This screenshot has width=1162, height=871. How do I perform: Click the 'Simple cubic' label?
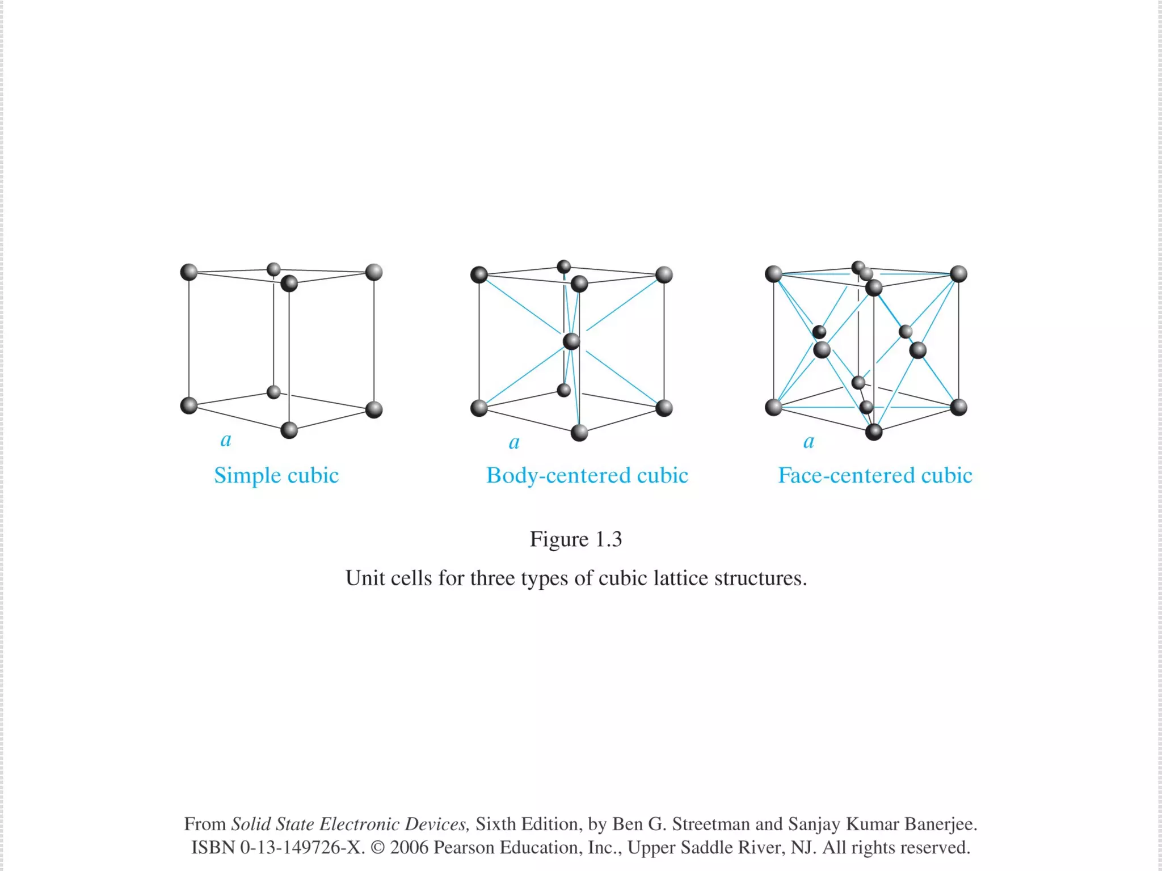[276, 475]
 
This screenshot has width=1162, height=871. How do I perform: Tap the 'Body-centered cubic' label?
[587, 475]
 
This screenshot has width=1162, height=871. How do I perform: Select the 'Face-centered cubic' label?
[875, 475]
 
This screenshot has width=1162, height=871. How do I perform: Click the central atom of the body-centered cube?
[571, 341]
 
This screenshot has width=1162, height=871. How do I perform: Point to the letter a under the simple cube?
[226, 439]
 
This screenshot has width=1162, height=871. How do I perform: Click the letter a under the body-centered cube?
[514, 442]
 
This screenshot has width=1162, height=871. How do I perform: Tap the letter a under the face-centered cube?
[809, 441]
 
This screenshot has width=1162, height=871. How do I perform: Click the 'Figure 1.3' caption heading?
[576, 539]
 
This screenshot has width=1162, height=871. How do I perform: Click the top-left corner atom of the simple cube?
[189, 272]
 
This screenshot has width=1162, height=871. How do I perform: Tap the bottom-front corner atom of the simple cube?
[289, 430]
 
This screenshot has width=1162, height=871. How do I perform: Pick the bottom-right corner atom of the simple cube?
[374, 409]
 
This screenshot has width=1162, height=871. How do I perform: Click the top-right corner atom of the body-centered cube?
[664, 275]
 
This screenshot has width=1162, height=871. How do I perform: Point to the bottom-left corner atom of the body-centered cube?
[479, 408]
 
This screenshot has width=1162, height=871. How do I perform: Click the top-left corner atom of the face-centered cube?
[774, 274]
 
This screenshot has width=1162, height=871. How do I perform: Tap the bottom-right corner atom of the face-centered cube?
[958, 407]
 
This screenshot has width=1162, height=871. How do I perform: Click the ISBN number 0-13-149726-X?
[302, 847]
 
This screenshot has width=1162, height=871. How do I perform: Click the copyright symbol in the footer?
[377, 847]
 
